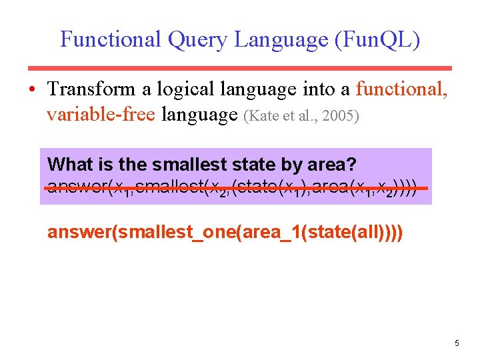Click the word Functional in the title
tap(110, 39)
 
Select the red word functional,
tap(403, 89)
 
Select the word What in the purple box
tap(71, 164)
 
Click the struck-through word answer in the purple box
tap(74, 188)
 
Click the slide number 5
tap(457, 343)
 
